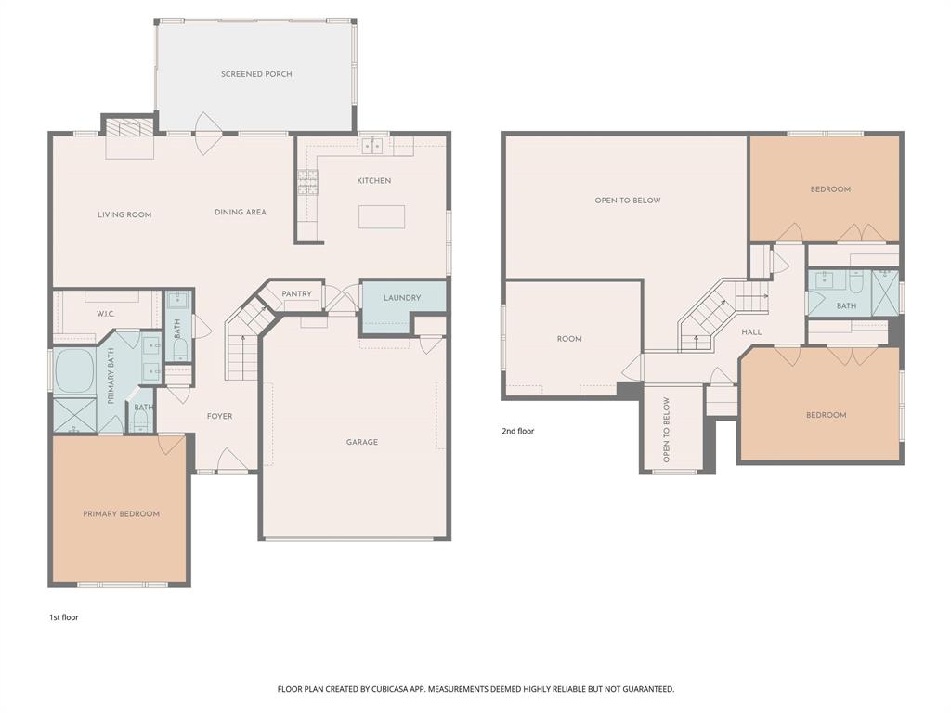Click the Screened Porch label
tap(256, 74)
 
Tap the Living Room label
tap(124, 214)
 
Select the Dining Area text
tap(241, 212)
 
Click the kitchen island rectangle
tap(382, 216)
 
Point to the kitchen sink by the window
tap(373, 146)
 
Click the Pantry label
tap(297, 293)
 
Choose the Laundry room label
tap(402, 298)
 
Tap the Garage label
tap(362, 442)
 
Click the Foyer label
tap(219, 416)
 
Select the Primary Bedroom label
tap(121, 513)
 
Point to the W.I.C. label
tap(105, 314)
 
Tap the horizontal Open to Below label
tap(628, 201)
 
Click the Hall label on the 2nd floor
tap(751, 331)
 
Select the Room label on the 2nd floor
tap(569, 339)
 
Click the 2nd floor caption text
tap(517, 431)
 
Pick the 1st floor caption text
tap(64, 616)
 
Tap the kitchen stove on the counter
tap(307, 181)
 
